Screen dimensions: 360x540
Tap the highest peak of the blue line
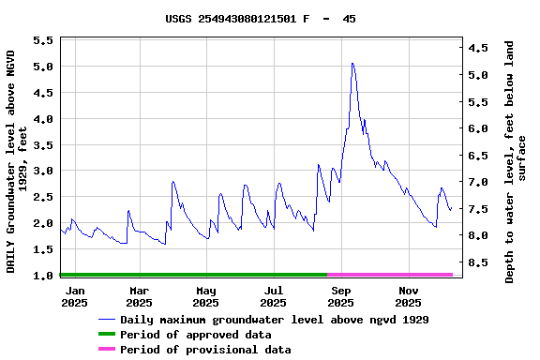tap(352, 64)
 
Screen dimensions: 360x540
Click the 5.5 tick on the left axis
tap(43, 41)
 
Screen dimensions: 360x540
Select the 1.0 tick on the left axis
tap(43, 276)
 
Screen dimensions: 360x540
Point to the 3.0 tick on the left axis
tap(43, 172)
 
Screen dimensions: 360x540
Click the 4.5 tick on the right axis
tap(478, 48)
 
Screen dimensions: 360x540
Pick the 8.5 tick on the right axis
tap(478, 262)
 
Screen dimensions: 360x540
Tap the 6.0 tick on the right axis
tap(478, 128)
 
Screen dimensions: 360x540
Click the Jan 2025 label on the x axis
tap(74, 296)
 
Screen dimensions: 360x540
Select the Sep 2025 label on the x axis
tap(340, 296)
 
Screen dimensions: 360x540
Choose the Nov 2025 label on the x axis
tap(408, 296)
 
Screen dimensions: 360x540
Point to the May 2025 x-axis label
tap(206, 296)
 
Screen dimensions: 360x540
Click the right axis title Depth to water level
tap(516, 161)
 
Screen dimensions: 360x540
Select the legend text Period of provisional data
tap(205, 350)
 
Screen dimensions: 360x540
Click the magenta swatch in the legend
tap(106, 350)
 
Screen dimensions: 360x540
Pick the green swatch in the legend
tap(106, 335)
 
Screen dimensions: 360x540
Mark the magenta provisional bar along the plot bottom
tap(390, 275)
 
